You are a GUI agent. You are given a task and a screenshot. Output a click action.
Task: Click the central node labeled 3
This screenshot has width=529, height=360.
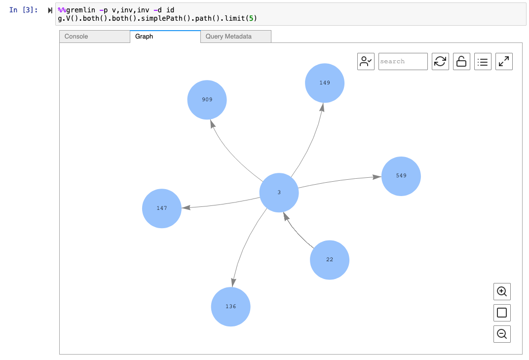click(279, 193)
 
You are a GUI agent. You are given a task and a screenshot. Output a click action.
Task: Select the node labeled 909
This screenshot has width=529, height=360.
click(207, 100)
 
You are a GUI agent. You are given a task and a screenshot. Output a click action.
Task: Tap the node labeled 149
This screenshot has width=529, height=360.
click(324, 83)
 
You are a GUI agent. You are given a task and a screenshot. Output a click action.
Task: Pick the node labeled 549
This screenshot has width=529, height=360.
click(401, 176)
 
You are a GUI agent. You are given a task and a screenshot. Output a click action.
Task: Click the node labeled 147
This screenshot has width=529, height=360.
click(162, 208)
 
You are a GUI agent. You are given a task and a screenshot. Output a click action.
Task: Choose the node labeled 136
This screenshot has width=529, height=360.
click(230, 307)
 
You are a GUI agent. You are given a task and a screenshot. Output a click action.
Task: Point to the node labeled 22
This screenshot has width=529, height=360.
click(329, 260)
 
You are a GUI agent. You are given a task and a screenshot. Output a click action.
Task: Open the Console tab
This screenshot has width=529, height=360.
click(94, 37)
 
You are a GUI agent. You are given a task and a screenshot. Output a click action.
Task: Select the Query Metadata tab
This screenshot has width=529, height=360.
click(235, 37)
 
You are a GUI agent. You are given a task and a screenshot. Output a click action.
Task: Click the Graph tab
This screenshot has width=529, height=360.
click(165, 37)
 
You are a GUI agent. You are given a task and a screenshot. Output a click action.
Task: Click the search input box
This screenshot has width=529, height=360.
click(403, 61)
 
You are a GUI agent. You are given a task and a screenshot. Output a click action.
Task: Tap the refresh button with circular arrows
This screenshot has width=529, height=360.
click(440, 61)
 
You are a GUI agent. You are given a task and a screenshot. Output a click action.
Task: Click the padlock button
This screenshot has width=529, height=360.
click(461, 61)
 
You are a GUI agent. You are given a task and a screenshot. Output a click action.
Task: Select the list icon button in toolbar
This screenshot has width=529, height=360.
click(483, 61)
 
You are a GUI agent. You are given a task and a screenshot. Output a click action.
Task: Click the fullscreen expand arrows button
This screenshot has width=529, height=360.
click(504, 61)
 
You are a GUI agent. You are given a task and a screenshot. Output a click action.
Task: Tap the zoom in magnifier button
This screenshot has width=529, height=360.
click(502, 291)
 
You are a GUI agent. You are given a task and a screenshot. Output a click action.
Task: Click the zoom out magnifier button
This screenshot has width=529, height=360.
click(502, 334)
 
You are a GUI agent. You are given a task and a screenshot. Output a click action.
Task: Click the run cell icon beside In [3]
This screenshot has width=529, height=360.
click(50, 10)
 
